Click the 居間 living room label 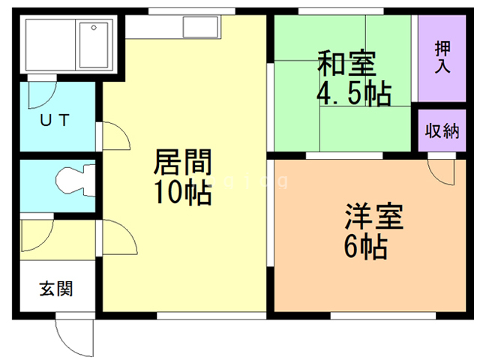(x=183, y=162)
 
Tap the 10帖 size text (x=183, y=193)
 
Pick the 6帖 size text (x=367, y=245)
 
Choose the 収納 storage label (x=442, y=130)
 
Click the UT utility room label (x=55, y=120)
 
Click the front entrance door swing (x=75, y=337)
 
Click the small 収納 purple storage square (x=442, y=130)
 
